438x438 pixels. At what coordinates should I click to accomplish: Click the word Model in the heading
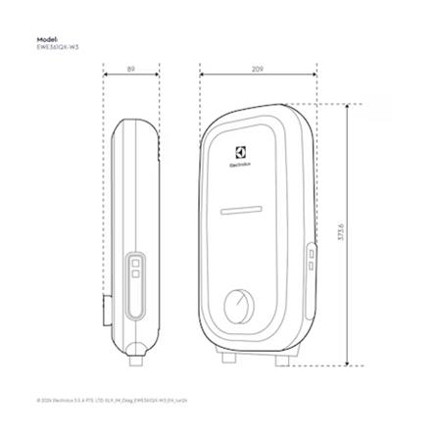point(46,39)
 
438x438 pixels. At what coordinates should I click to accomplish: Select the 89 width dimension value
point(130,70)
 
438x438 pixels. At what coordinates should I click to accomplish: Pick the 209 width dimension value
point(257,70)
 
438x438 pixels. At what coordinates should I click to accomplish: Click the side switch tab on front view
point(311,260)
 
